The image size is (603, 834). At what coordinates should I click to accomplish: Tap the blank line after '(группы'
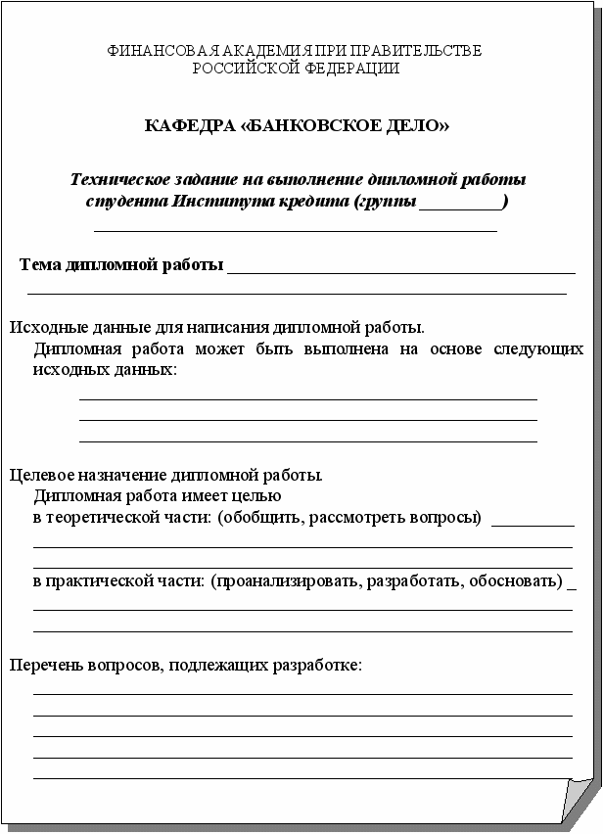(x=459, y=207)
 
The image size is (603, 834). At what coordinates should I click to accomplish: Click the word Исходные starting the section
(x=41, y=327)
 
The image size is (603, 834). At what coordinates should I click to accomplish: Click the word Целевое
(x=40, y=476)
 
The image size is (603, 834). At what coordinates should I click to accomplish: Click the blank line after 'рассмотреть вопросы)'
(x=532, y=523)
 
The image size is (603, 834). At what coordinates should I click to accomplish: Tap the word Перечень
(x=42, y=666)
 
